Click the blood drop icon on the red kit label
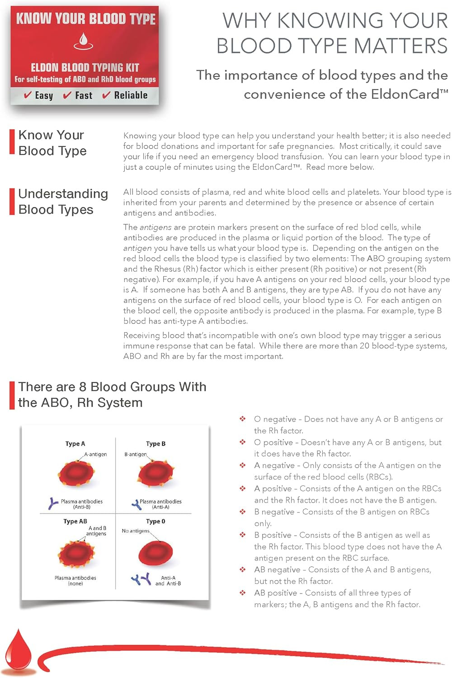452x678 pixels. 83,41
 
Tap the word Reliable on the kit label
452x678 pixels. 131,95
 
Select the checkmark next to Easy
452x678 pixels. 28,95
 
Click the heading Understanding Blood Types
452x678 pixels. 63,202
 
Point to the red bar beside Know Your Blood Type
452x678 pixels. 12,142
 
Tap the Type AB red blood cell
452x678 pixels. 76,554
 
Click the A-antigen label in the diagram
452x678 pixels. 95,454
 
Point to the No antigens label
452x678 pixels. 135,531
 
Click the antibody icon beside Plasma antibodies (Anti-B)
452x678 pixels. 53,503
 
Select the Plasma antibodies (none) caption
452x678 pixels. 75,580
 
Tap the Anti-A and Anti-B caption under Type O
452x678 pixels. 168,580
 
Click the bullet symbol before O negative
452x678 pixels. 243,419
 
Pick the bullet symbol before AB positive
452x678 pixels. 243,593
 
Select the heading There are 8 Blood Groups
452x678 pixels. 112,394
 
